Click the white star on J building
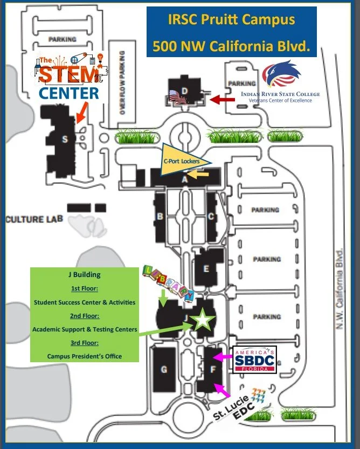[x=202, y=320]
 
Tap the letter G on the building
[x=164, y=370]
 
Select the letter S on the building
[x=65, y=140]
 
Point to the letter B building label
[x=160, y=217]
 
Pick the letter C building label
[x=211, y=217]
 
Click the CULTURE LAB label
[x=34, y=219]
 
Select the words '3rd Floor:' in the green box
[x=85, y=343]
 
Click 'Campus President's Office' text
[x=84, y=356]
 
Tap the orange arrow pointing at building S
[x=80, y=114]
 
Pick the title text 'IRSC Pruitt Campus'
[x=232, y=20]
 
